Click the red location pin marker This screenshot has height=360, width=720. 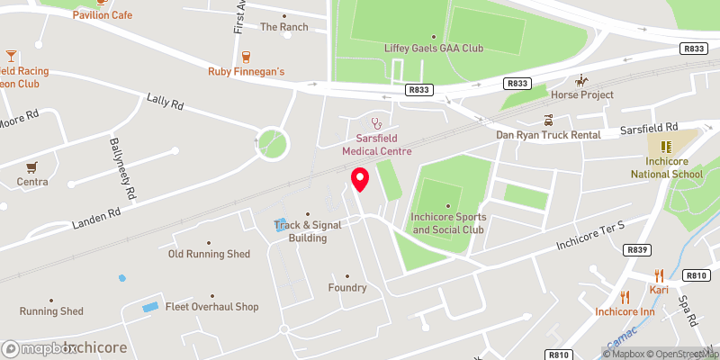pos(360,179)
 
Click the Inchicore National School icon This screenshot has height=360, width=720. pos(666,146)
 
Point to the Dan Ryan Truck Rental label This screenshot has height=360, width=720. pos(548,135)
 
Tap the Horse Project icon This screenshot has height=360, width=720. pos(582,79)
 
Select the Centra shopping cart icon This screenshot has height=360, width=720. pos(32,166)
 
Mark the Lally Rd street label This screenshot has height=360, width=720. pos(165,103)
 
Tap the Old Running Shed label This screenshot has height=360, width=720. pos(209,254)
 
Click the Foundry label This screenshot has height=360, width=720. pos(346,288)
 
